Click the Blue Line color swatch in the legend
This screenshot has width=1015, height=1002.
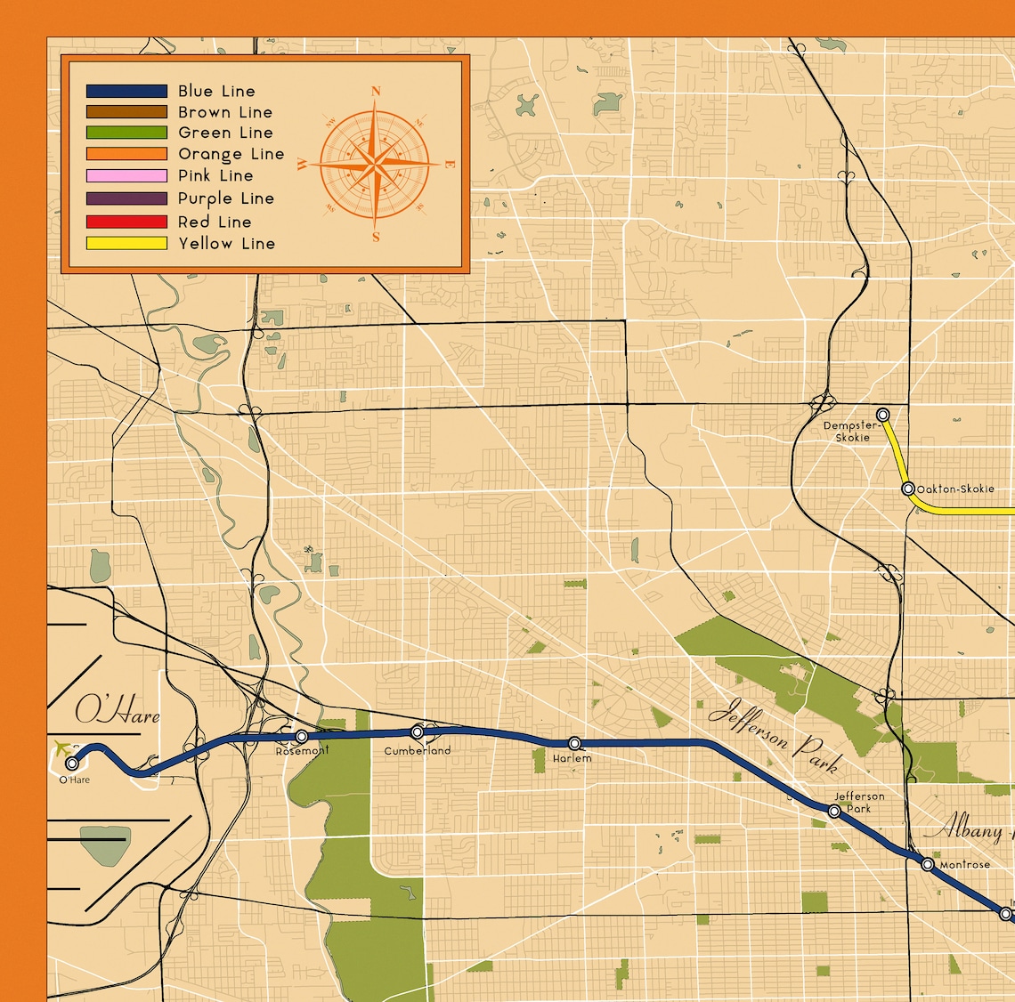point(126,91)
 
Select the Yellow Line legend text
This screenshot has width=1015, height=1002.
point(226,243)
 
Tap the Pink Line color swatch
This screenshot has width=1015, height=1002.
point(126,176)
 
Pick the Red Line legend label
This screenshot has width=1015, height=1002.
point(215,222)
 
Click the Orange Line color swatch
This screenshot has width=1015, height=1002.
point(126,154)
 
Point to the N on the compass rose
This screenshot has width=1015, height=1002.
point(376,91)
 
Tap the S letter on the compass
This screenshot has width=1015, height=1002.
point(376,238)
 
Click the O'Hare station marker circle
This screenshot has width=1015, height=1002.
point(72,763)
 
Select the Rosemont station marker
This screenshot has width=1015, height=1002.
point(302,736)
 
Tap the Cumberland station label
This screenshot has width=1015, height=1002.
point(418,751)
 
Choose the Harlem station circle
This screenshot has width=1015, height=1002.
point(574,743)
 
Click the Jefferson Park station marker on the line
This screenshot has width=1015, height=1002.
point(834,811)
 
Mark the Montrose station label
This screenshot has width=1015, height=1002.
point(965,865)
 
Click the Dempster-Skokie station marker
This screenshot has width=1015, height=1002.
point(883,415)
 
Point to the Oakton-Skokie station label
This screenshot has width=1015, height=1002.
point(955,489)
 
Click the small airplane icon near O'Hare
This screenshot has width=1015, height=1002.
point(62,747)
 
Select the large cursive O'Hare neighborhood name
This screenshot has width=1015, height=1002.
point(117,712)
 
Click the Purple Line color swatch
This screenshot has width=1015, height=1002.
point(126,198)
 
